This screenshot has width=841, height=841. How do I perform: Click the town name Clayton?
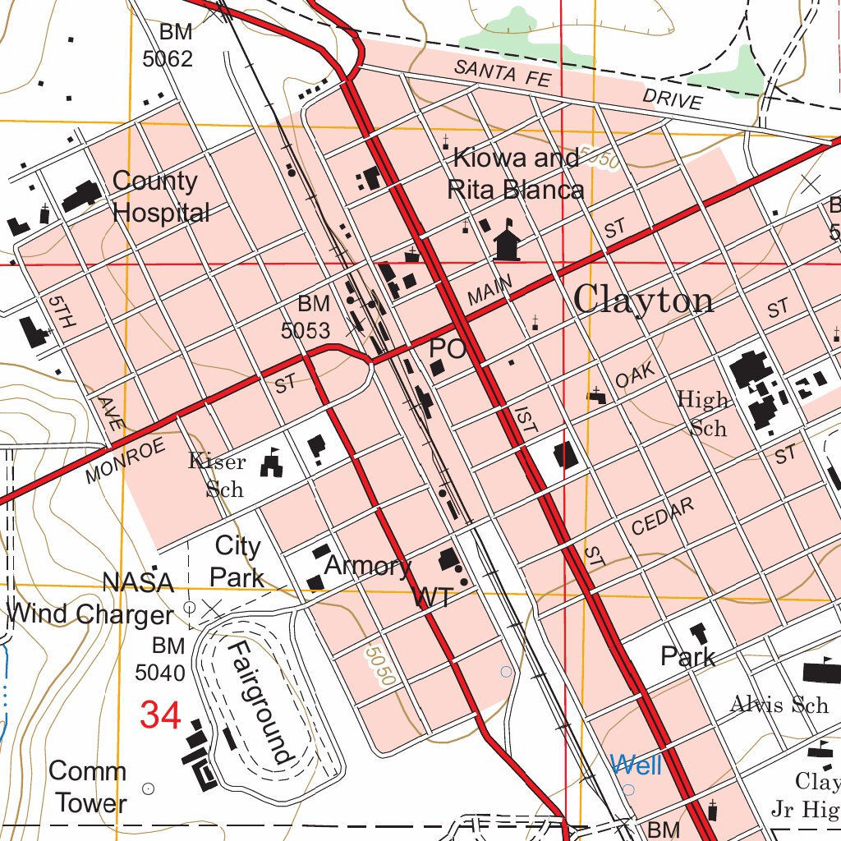point(643,301)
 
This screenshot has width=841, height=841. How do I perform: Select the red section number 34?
point(160,715)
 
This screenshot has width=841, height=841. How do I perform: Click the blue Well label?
point(636,765)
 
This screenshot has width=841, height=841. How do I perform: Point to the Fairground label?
point(260,702)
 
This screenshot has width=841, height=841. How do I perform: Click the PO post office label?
point(447,349)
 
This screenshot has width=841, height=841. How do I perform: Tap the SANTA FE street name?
point(497,74)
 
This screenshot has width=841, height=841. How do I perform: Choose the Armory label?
point(367,566)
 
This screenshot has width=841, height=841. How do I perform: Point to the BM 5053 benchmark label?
point(307,317)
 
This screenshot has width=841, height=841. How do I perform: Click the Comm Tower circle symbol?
point(149,788)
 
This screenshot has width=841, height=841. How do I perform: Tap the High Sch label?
point(703,414)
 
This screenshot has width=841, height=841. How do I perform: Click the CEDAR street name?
point(663,517)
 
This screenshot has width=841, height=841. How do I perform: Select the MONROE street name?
point(125,460)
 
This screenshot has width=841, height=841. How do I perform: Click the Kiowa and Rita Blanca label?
point(516,173)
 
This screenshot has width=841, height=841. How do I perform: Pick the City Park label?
point(237,561)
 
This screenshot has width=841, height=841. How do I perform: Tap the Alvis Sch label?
point(779,705)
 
